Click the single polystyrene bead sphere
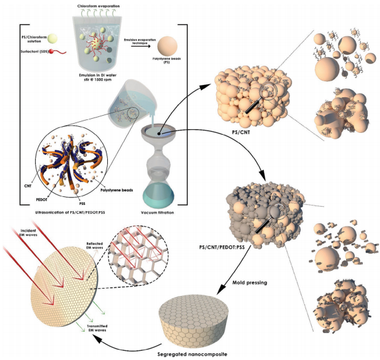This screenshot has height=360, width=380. pyautogui.click(x=171, y=47)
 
